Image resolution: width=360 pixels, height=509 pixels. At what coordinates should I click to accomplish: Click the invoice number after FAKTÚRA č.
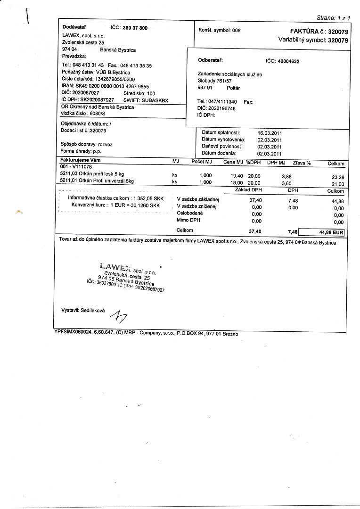pyautogui.click(x=338, y=31)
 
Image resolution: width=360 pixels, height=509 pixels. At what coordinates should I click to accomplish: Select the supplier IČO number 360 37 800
pyautogui.click(x=135, y=28)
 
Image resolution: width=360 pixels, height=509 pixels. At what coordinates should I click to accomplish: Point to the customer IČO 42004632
pyautogui.click(x=289, y=61)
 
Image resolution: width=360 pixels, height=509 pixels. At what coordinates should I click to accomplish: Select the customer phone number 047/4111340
pyautogui.click(x=224, y=101)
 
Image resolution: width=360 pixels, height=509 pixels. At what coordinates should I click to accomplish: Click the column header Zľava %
pyautogui.click(x=302, y=163)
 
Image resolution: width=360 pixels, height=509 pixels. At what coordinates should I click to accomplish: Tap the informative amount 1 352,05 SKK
pyautogui.click(x=148, y=198)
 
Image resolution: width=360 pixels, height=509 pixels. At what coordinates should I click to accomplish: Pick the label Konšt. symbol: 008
pyautogui.click(x=220, y=30)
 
